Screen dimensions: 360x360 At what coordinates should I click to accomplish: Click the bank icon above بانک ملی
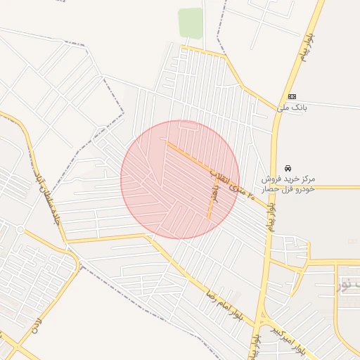coord(292,96)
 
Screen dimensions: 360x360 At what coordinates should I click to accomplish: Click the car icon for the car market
coord(288,168)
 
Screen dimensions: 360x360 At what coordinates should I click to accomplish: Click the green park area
coord(190,22)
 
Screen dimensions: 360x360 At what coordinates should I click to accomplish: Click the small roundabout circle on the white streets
coord(21,230)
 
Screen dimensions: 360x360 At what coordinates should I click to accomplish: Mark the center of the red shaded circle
coord(180,180)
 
